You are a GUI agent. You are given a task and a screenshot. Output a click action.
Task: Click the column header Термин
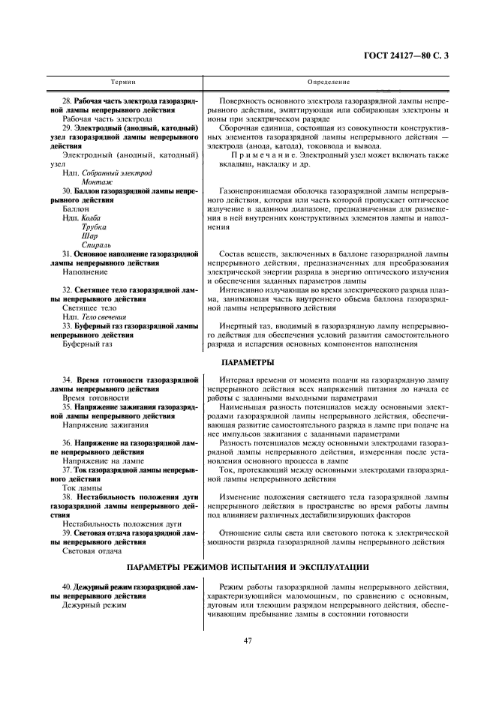click(x=123, y=81)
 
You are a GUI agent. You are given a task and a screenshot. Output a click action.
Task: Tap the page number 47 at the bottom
click(x=247, y=640)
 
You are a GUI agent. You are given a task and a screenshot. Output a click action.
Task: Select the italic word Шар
click(x=89, y=235)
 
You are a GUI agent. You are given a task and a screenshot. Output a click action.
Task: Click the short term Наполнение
click(x=84, y=273)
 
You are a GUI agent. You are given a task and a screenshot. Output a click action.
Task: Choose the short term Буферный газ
click(x=88, y=344)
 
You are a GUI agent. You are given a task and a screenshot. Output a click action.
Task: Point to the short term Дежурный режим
click(x=95, y=604)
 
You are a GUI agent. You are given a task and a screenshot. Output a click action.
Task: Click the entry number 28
click(x=67, y=100)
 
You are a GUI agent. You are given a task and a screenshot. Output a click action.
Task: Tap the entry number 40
click(x=67, y=586)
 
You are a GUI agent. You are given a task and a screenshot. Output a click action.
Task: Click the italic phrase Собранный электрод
click(x=116, y=173)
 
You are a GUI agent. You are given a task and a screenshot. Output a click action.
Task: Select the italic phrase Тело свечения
click(x=108, y=317)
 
